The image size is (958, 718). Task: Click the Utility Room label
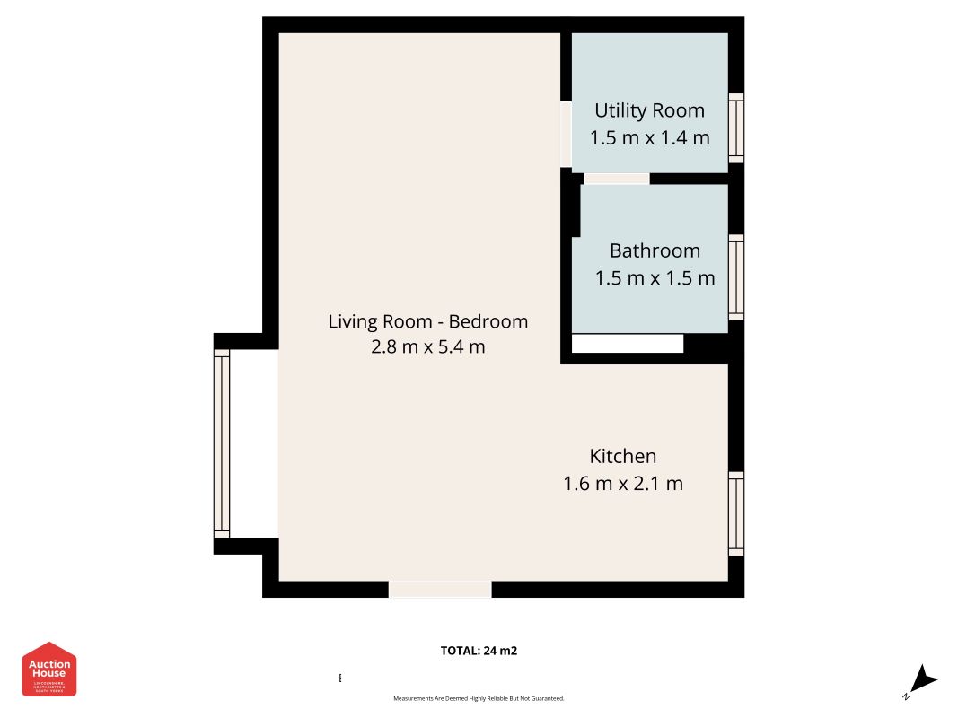coord(649,110)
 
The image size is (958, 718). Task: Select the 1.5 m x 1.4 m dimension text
coord(649,138)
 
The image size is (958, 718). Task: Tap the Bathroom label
coord(655,250)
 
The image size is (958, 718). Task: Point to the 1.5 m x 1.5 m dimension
coord(655,278)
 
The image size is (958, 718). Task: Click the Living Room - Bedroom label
coord(427,321)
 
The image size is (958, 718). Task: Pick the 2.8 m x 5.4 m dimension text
coord(427,347)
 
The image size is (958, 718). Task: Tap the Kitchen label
coord(622,456)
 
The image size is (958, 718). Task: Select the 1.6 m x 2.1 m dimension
coord(622,484)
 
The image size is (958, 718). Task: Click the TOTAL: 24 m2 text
coord(479,651)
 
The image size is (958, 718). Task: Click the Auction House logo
coord(49,669)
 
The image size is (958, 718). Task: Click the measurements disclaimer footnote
coord(479,698)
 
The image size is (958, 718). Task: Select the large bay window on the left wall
coord(221,443)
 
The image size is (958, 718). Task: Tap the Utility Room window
coord(736,127)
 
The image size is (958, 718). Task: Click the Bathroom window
coord(736,277)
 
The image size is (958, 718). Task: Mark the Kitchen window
coord(736,513)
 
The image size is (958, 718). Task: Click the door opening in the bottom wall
coord(440,589)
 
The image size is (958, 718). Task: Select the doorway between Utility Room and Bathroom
coord(616,179)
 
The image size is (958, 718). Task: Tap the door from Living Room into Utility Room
coord(566,134)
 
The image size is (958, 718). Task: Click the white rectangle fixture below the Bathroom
coord(627,344)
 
